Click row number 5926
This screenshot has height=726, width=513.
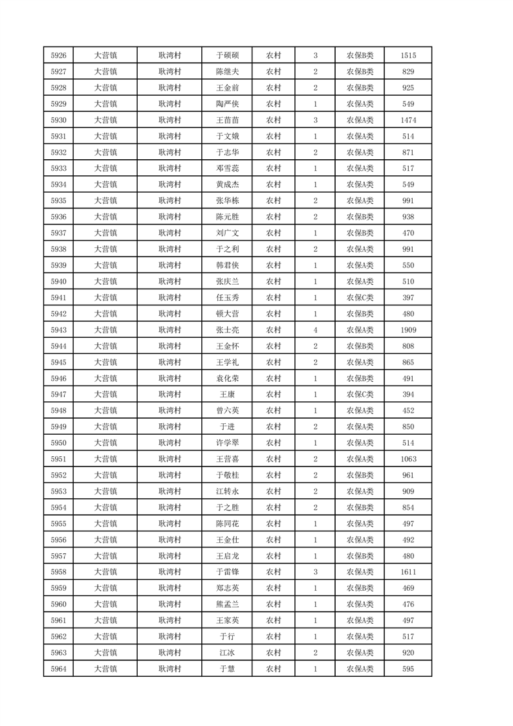(x=58, y=56)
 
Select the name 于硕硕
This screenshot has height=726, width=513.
(x=227, y=56)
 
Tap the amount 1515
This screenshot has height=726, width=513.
(x=408, y=56)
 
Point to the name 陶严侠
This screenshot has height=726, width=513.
(x=227, y=104)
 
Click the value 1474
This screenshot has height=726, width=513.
(x=408, y=120)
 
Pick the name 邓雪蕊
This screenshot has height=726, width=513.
(x=227, y=169)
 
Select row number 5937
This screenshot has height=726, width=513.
(x=58, y=233)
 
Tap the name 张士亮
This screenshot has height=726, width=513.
(x=227, y=330)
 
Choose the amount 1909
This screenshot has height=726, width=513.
(x=408, y=330)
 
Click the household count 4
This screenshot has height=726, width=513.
(x=315, y=330)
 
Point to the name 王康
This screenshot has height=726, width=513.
(x=227, y=395)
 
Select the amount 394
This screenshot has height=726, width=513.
(x=408, y=395)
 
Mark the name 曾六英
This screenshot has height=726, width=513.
(x=227, y=411)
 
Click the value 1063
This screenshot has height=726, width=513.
(x=408, y=459)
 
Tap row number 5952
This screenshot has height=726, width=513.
(x=58, y=476)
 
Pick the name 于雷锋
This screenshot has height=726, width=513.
(x=227, y=572)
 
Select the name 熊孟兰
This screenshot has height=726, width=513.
(x=227, y=604)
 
